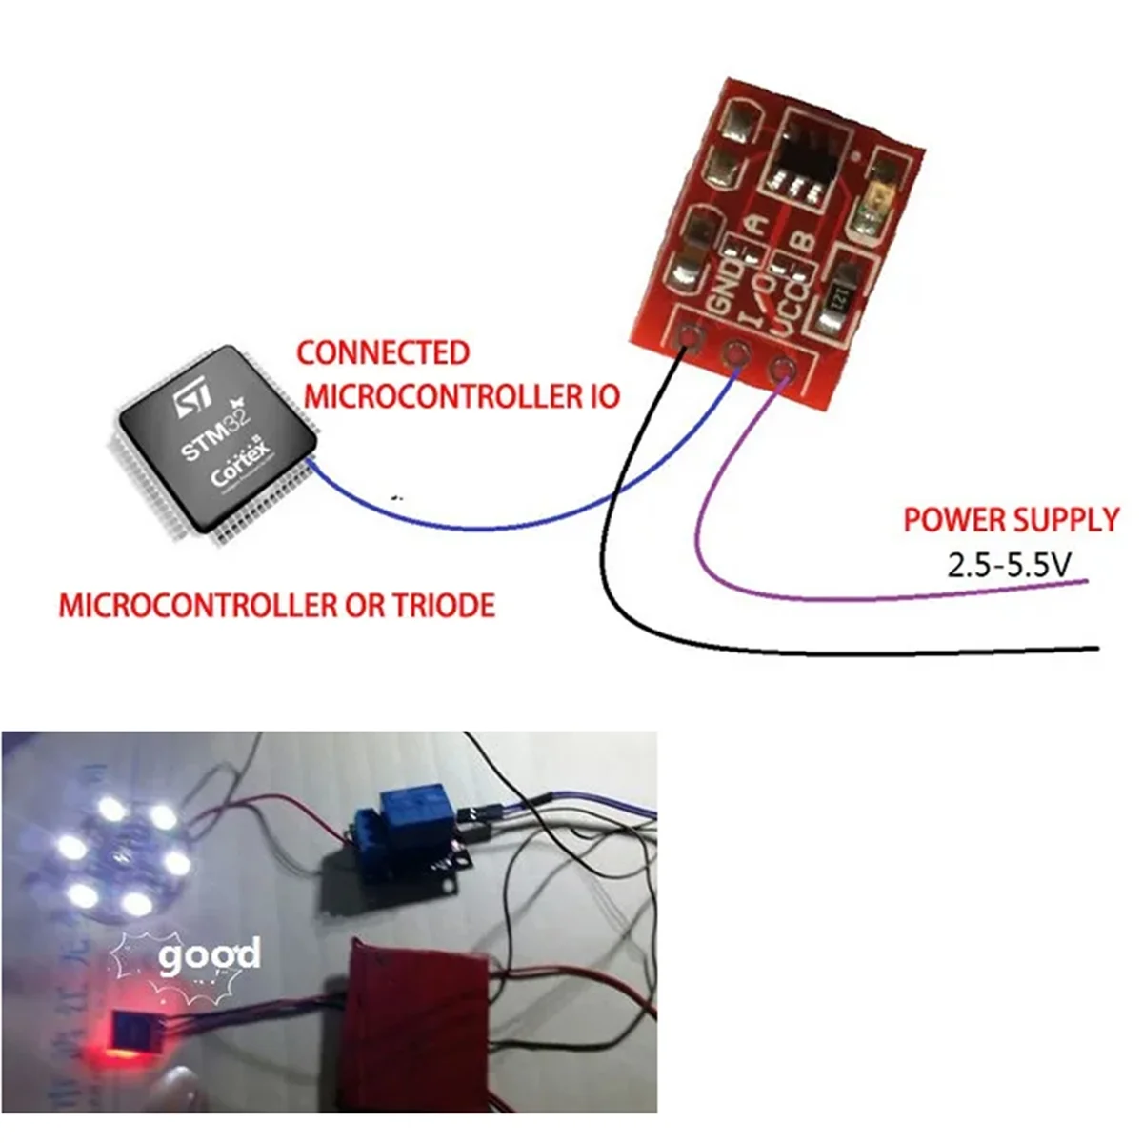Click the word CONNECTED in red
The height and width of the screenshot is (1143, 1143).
click(382, 353)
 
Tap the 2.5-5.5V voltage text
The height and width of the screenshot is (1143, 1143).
click(1010, 567)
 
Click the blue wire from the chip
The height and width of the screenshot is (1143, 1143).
click(476, 527)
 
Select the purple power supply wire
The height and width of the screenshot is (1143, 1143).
click(857, 597)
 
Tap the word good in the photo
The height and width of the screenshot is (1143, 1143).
click(210, 955)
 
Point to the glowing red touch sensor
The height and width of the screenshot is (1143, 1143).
click(133, 1033)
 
